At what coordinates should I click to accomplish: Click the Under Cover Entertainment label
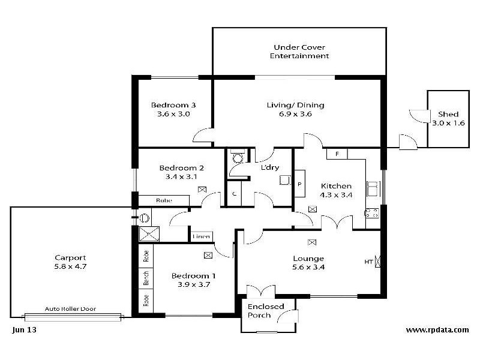click(x=299, y=52)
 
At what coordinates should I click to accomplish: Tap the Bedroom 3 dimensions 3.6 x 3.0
click(x=173, y=114)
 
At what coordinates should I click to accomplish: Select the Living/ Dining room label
click(x=295, y=106)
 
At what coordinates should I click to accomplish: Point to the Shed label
click(x=448, y=114)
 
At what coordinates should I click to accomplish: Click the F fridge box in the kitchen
click(x=337, y=154)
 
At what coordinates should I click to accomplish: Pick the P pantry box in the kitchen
click(x=299, y=184)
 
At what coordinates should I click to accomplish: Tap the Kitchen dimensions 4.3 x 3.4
click(x=336, y=195)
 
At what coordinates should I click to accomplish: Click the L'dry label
click(x=270, y=167)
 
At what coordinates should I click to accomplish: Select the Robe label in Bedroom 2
click(x=164, y=200)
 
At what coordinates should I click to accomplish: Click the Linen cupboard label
click(x=201, y=236)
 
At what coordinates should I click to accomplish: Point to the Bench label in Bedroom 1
click(x=146, y=278)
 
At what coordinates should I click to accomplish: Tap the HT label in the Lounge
click(x=368, y=262)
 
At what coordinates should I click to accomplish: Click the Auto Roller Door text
click(x=70, y=309)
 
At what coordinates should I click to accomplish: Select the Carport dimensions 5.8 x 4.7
click(x=70, y=266)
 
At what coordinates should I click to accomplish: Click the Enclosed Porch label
click(x=266, y=311)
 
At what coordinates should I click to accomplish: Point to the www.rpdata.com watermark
click(x=437, y=329)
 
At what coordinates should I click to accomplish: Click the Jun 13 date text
click(x=24, y=329)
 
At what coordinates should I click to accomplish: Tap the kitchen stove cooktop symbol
click(x=371, y=213)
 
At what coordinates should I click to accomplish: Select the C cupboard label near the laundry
click(x=234, y=194)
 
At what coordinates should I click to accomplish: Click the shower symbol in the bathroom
click(x=149, y=234)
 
